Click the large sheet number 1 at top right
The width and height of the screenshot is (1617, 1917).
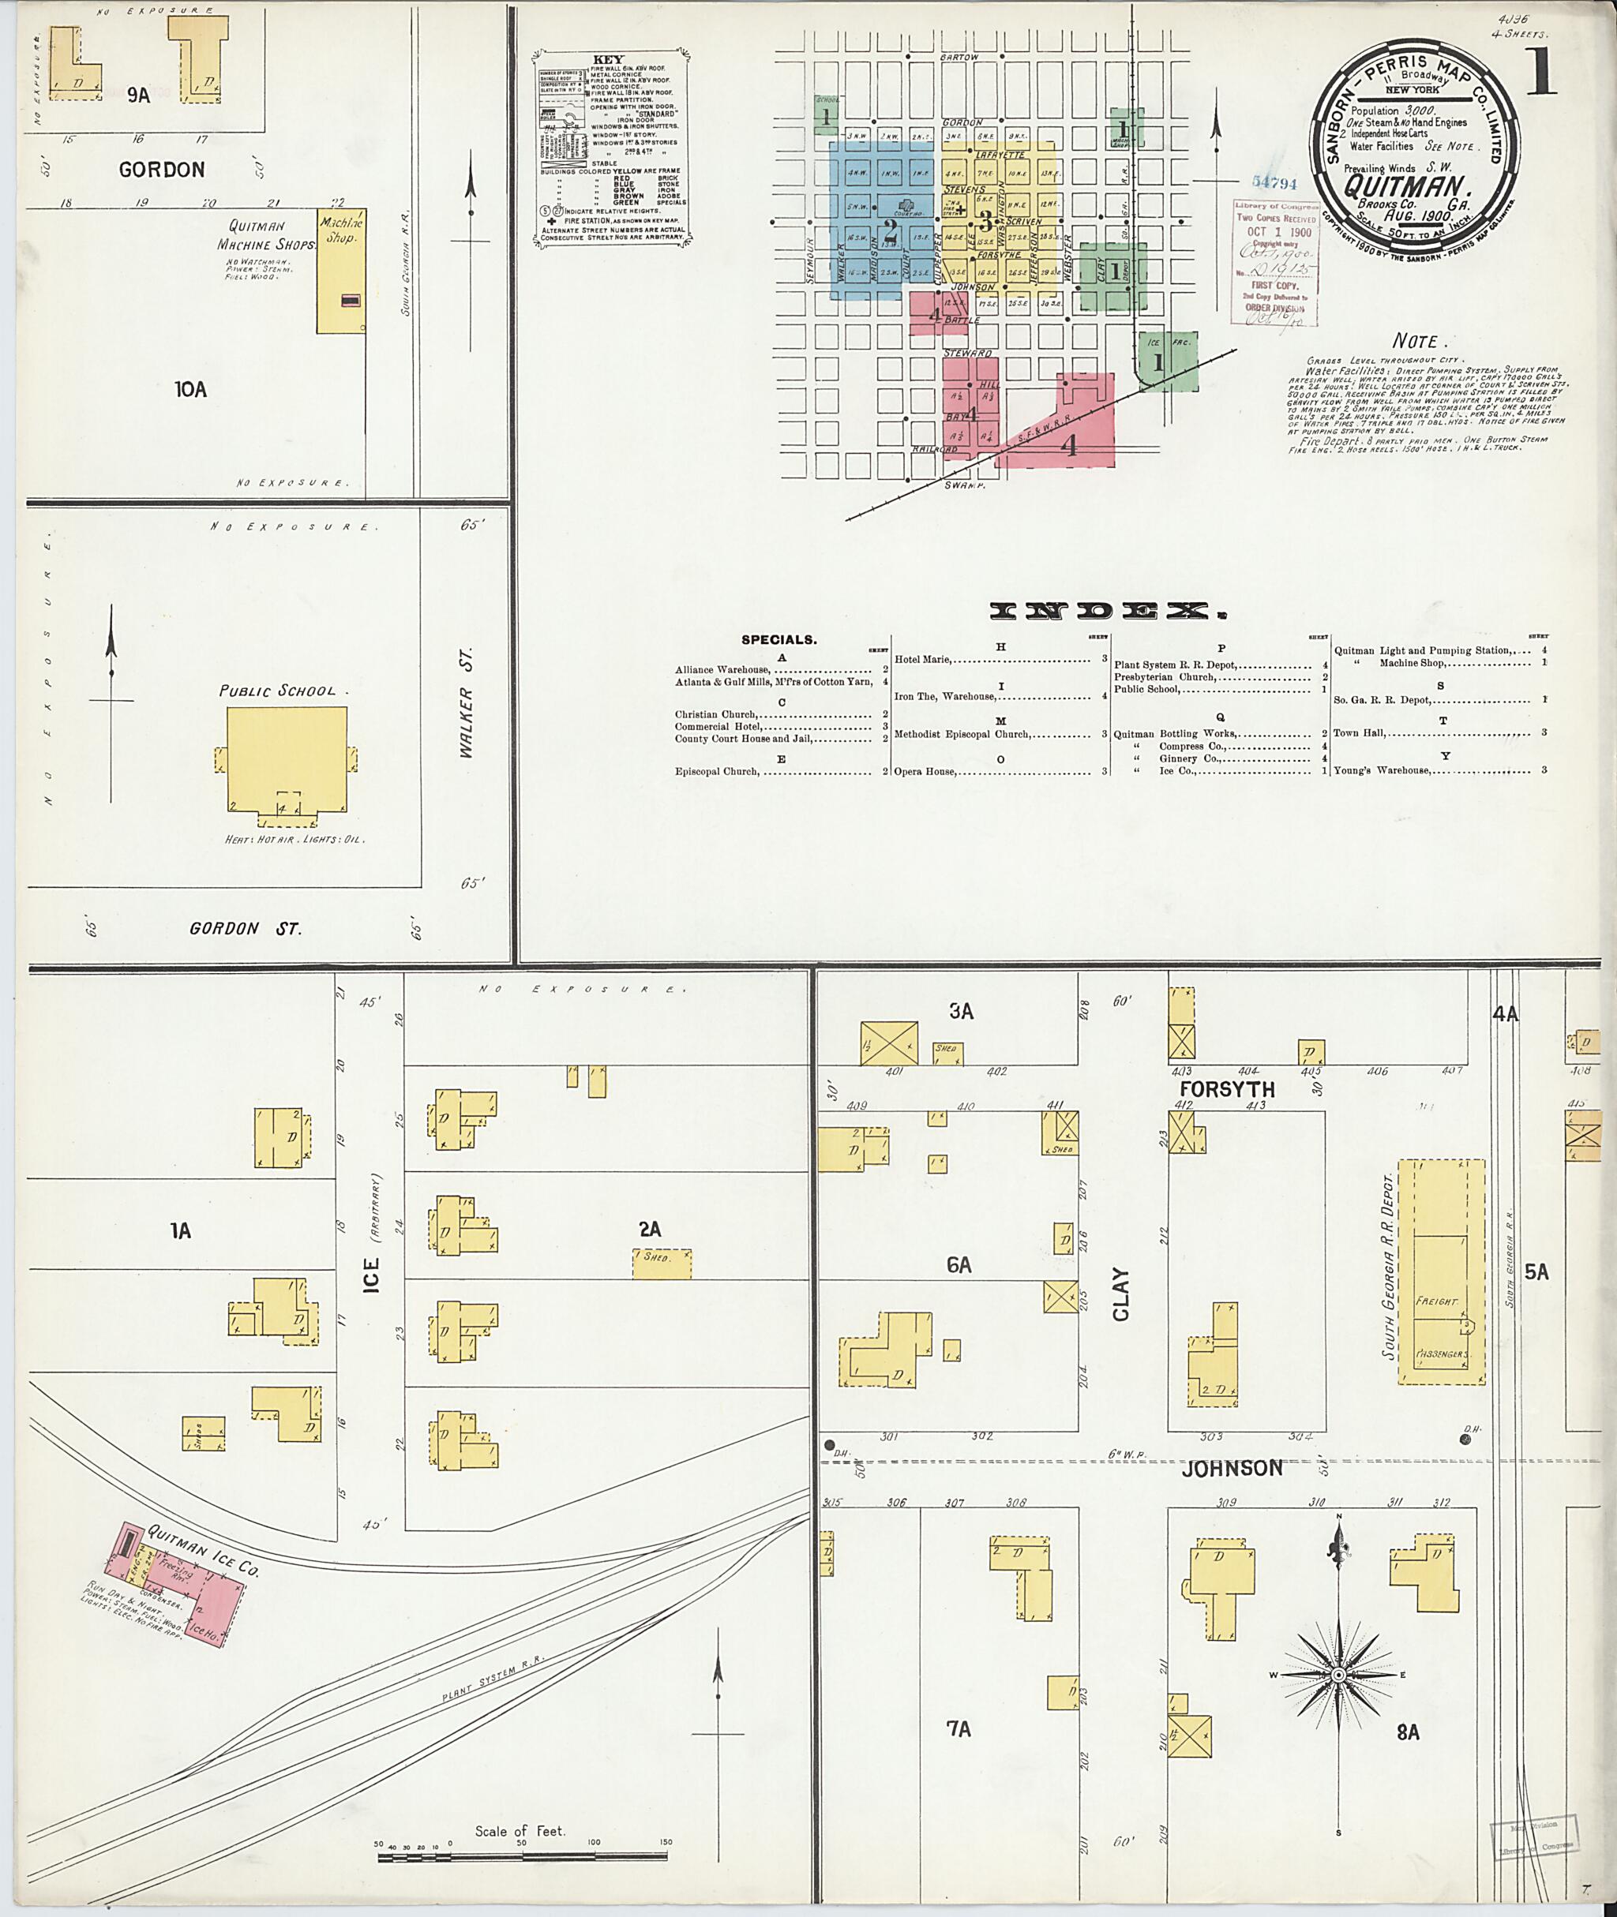[x=1540, y=73]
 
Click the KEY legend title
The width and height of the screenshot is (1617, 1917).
[x=609, y=59]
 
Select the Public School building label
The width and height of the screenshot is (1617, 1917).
[x=277, y=691]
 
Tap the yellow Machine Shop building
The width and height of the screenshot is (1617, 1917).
[x=340, y=275]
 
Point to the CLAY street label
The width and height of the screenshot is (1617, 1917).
[x=1120, y=1294]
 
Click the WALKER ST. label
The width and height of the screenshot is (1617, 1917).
[x=467, y=703]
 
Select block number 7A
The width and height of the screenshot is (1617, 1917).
[x=958, y=1729]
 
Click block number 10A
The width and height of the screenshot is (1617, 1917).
[x=190, y=389]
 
